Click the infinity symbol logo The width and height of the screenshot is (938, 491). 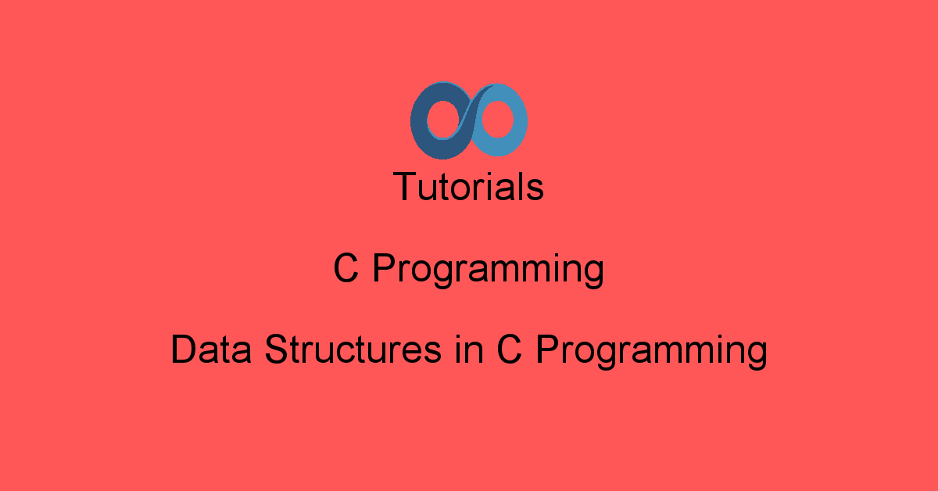(468, 120)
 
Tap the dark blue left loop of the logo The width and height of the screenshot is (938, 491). (419, 121)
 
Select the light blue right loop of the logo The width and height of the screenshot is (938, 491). (519, 120)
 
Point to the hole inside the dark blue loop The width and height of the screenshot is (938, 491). (443, 120)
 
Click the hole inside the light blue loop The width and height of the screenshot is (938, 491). (497, 120)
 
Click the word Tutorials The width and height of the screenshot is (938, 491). (468, 187)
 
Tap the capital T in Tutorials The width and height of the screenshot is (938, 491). (406, 187)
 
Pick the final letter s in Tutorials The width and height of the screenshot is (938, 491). (535, 191)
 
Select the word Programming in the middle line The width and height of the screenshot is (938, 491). (489, 271)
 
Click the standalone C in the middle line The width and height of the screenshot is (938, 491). (345, 268)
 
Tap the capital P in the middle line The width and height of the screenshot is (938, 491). (385, 268)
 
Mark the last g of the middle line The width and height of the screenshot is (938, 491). (593, 275)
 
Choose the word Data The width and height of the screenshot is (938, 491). (212, 349)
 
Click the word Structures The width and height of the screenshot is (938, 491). (353, 349)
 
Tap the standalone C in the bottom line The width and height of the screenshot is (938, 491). (509, 349)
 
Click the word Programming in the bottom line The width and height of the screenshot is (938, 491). (652, 352)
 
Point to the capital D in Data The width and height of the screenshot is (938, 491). (184, 349)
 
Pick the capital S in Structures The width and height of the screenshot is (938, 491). (277, 349)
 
